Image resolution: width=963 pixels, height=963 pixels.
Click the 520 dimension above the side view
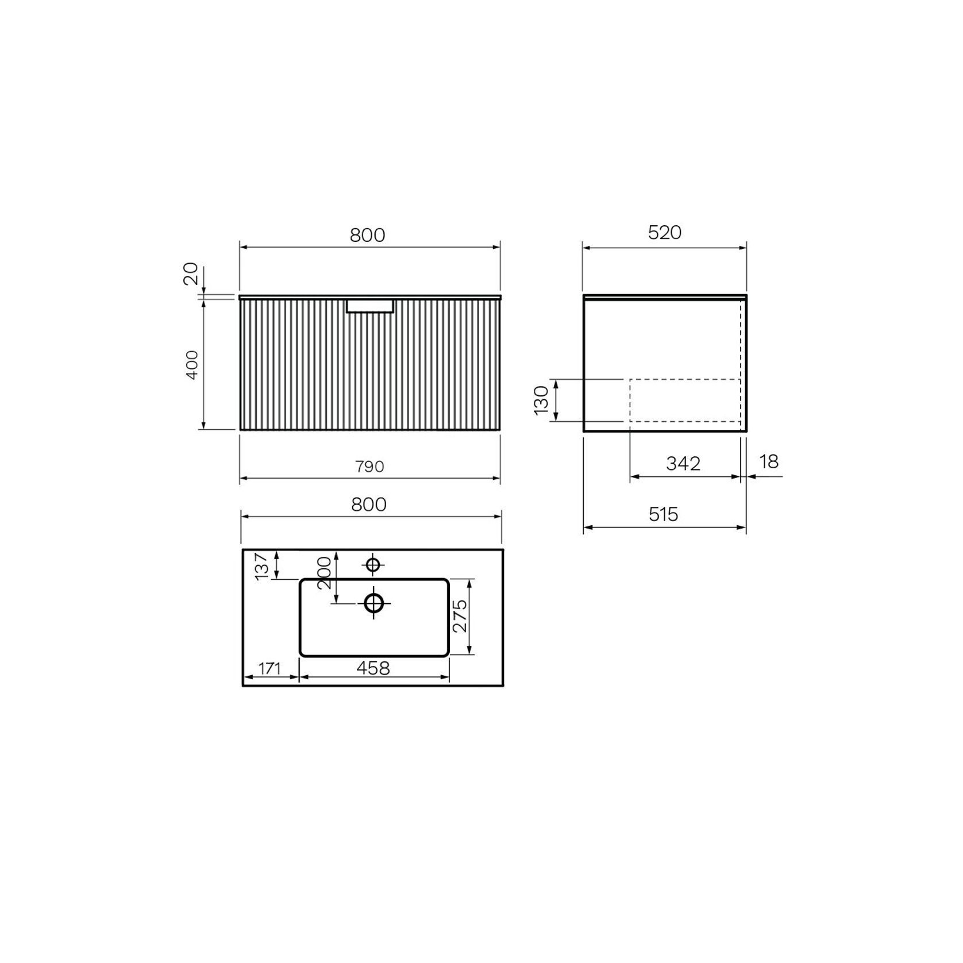664,233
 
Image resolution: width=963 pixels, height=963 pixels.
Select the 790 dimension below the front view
369,467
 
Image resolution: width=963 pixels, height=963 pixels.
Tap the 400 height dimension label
192,364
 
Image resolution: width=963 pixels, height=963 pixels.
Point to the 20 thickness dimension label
191,274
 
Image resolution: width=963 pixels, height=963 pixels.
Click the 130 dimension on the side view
541,400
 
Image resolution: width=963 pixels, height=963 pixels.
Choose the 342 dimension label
683,463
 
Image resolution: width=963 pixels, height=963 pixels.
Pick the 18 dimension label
769,461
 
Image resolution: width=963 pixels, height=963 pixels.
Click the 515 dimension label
664,514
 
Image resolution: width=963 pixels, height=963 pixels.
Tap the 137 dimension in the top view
262,566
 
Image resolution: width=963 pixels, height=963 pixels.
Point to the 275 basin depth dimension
460,617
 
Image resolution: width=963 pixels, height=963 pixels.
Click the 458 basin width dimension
373,668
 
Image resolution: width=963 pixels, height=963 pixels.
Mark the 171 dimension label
269,669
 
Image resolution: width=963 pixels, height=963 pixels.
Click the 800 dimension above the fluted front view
368,235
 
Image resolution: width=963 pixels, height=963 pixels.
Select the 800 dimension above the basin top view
369,504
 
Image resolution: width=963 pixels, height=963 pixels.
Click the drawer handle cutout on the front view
370,306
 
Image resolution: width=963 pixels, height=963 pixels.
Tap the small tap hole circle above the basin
373,565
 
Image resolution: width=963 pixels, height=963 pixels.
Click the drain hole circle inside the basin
374,603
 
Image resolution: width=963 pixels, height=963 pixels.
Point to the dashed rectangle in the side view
685,400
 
